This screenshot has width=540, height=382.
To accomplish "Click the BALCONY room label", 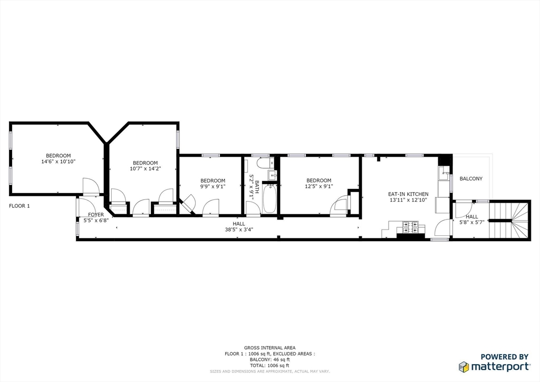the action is [x=471, y=178].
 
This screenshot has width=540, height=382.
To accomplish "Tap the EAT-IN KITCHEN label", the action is [x=408, y=194].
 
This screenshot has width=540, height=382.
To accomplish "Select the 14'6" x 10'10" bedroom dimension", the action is [x=58, y=161].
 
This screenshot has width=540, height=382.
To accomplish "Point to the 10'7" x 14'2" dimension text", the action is [x=146, y=169].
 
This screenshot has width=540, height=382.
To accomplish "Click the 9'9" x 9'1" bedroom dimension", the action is [x=213, y=186].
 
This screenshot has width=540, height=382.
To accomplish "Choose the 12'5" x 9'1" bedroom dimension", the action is [x=319, y=186].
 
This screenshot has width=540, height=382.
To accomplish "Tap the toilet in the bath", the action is [x=264, y=163].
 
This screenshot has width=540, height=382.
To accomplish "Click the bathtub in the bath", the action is [x=269, y=199].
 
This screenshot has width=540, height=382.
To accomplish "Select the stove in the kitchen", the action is [x=410, y=227].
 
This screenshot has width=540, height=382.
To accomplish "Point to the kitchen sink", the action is [x=443, y=173].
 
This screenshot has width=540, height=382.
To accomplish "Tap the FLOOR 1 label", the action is [x=20, y=206].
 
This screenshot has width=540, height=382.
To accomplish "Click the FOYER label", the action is [x=96, y=215].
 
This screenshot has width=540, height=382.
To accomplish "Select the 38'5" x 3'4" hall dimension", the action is [x=239, y=229].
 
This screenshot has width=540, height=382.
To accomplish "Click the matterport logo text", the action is [x=500, y=366].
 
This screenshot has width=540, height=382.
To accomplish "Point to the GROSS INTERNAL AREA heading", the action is [x=269, y=348].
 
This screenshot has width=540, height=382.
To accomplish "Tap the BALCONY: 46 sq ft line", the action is [x=269, y=360].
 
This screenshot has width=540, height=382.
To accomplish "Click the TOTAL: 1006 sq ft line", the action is [x=269, y=366].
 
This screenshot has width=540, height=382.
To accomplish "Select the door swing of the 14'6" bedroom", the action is [x=91, y=186].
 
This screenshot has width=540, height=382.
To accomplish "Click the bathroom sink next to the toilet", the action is [x=273, y=175].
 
